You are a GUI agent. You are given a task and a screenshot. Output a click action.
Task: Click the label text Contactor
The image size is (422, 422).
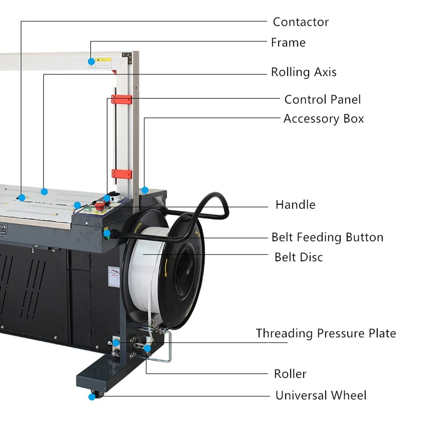pyautogui.click(x=300, y=22)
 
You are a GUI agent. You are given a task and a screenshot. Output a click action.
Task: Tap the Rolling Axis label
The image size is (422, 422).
pyautogui.click(x=303, y=72)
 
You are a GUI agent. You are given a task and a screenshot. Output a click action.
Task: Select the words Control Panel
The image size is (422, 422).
pyautogui.click(x=322, y=100)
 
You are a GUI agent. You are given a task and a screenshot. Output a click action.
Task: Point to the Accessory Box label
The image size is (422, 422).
pyautogui.click(x=323, y=119)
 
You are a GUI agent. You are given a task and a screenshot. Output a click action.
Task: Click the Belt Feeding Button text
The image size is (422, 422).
pyautogui.click(x=327, y=237)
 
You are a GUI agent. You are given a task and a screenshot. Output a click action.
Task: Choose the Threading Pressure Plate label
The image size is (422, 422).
pyautogui.click(x=326, y=333)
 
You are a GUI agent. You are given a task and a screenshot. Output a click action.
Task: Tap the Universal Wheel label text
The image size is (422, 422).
pyautogui.click(x=321, y=395)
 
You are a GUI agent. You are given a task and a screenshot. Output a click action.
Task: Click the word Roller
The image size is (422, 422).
pyautogui.click(x=290, y=374)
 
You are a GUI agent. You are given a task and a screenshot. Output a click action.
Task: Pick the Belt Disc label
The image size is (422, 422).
pyautogui.click(x=298, y=257)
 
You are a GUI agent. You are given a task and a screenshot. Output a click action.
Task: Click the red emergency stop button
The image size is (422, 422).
pyautogui.click(x=100, y=206)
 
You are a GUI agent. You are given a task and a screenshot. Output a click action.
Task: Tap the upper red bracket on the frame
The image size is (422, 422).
pyautogui.click(x=122, y=100)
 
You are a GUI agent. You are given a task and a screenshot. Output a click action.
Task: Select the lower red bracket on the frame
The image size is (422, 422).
pyautogui.click(x=122, y=174)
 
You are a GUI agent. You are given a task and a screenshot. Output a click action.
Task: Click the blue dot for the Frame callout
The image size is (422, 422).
pyautogui.click(x=91, y=61)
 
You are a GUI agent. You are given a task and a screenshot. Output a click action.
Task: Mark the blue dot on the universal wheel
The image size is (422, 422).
pyautogui.click(x=92, y=397)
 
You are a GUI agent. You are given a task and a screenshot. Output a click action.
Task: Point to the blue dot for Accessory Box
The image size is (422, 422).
pyautogui.click(x=145, y=190)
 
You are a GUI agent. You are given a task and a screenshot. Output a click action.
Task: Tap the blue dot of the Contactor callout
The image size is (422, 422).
pyautogui.click(x=22, y=197)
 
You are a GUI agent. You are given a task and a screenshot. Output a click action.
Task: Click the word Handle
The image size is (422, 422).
pyautogui.click(x=295, y=205)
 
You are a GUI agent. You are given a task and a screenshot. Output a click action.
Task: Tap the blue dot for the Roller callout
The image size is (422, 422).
pyautogui.click(x=147, y=348)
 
